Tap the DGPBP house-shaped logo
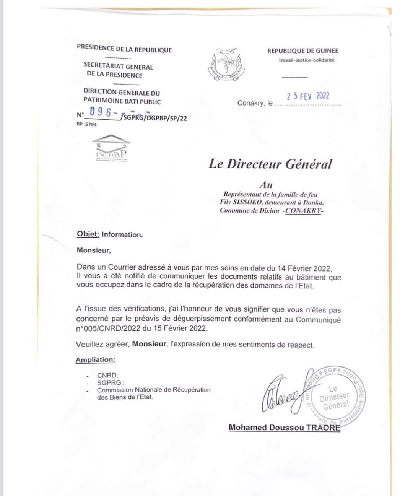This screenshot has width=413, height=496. (111, 147)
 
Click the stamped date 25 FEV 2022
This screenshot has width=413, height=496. (308, 96)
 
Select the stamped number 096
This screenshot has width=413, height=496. (100, 112)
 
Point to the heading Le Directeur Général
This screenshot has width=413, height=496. (270, 164)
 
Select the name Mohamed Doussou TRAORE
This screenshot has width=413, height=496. (284, 428)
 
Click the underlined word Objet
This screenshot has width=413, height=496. (88, 234)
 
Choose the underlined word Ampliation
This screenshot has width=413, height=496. (95, 359)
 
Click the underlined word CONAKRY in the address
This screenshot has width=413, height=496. (304, 210)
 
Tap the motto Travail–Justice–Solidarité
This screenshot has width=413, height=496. (306, 60)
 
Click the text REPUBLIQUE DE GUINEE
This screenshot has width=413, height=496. (302, 50)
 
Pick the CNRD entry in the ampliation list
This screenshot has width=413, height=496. (107, 376)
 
